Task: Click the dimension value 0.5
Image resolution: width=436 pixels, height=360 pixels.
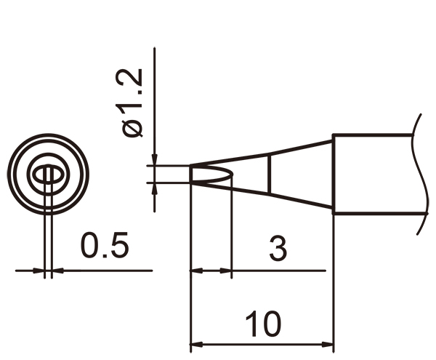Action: click(x=105, y=245)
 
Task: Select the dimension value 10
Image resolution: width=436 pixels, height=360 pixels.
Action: click(x=263, y=324)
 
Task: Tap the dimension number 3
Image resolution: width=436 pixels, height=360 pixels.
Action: click(x=278, y=248)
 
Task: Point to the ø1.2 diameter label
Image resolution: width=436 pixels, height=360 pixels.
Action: click(x=133, y=103)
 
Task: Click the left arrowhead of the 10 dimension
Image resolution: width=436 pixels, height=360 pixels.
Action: click(x=196, y=345)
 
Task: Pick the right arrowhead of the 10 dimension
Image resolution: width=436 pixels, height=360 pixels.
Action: click(x=328, y=345)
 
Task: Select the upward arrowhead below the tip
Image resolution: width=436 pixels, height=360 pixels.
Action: click(x=155, y=188)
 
